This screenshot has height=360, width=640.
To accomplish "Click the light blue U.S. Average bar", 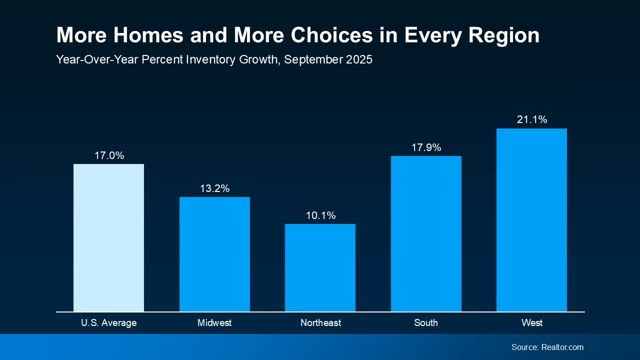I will [108, 237].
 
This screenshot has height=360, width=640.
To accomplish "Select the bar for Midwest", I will [214, 254].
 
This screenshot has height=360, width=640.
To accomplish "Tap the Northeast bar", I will [320, 267].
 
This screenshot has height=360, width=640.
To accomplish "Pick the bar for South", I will [426, 233].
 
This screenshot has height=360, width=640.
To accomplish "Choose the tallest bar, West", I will [531, 220].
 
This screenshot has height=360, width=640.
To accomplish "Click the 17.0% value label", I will [109, 155].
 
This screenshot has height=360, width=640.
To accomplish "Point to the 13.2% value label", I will [214, 188].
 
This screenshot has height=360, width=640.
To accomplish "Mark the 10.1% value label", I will [320, 215].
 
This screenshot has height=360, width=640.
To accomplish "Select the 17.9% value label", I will [426, 147].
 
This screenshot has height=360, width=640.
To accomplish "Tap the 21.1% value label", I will [532, 119].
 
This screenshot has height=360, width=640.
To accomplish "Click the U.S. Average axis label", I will [108, 323].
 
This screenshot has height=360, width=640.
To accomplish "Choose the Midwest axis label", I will [214, 323].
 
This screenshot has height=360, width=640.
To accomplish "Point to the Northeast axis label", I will [320, 323].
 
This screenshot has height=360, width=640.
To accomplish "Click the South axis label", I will [426, 323].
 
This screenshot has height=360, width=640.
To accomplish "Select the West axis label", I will [532, 323].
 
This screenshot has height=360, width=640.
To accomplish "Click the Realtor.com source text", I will [562, 347].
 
